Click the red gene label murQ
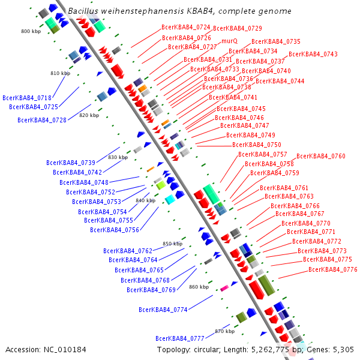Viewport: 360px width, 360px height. (230, 41)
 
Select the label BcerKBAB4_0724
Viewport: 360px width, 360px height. (186, 28)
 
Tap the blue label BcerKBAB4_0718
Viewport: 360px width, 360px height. (27, 98)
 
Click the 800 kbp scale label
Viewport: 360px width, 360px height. (31, 31)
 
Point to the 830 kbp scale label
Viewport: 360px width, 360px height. (118, 157)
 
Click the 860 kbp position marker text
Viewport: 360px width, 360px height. (199, 287)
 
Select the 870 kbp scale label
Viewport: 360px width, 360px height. (224, 331)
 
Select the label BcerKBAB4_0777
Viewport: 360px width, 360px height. (180, 338)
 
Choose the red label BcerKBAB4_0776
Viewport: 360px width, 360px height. (333, 269)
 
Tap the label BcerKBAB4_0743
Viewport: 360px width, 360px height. (313, 54)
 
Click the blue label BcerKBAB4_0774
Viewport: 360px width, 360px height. (163, 310)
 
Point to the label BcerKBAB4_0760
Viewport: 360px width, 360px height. (321, 156)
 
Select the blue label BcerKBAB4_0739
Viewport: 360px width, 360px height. (71, 163)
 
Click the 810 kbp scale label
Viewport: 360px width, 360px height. (60, 73)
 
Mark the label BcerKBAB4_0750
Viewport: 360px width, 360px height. (257, 145)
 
